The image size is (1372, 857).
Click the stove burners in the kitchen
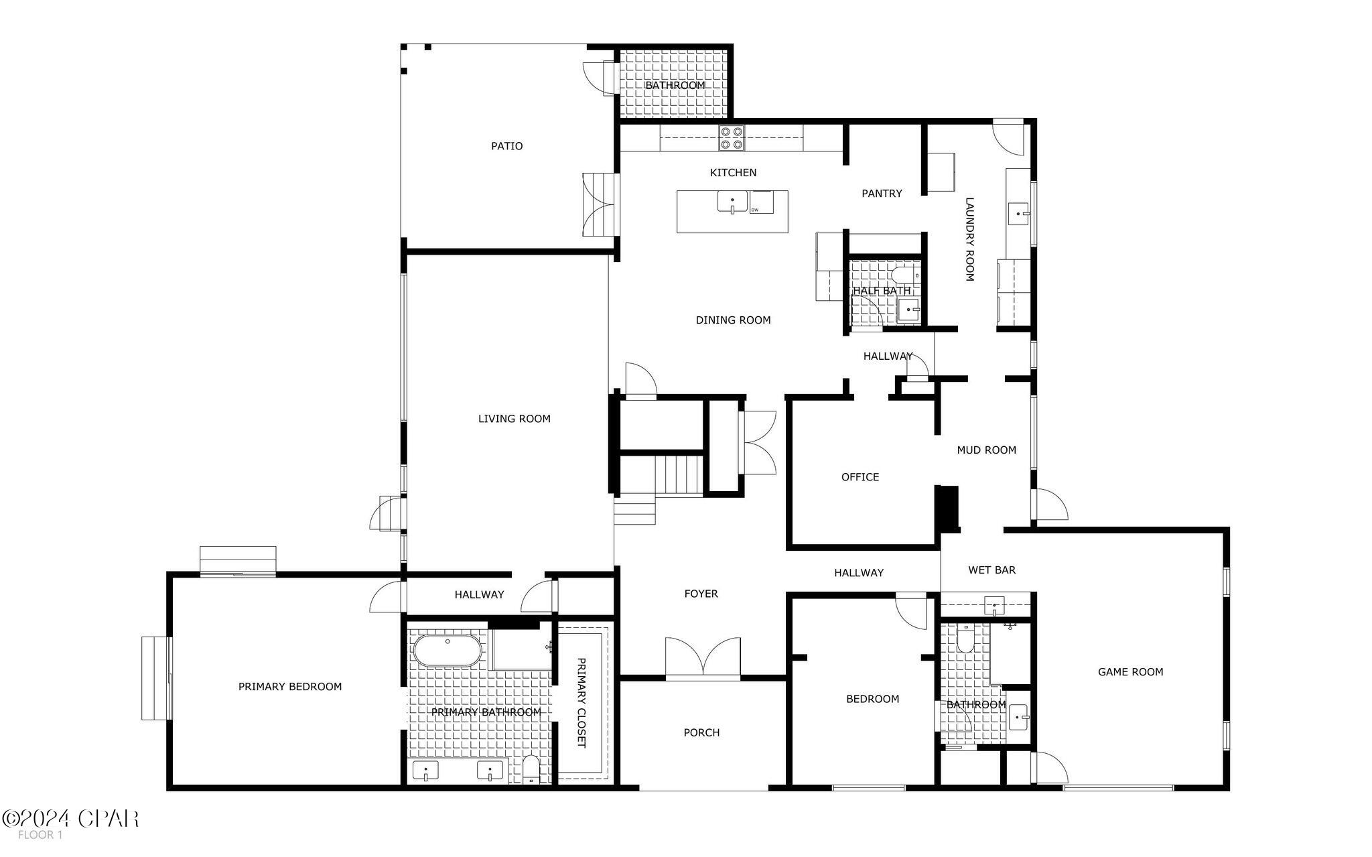click(x=732, y=137)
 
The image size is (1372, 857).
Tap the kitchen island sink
click(x=732, y=202)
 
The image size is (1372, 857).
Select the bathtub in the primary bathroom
click(x=447, y=651)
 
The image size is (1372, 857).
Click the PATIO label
click(x=506, y=146)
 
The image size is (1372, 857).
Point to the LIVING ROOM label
click(x=514, y=419)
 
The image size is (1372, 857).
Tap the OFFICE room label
click(x=860, y=477)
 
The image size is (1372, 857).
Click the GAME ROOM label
click(x=1129, y=672)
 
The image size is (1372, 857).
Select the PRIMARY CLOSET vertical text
click(x=581, y=703)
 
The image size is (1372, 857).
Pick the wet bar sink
click(x=995, y=606)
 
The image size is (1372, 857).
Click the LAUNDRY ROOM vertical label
click(x=969, y=239)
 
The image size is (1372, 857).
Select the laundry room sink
click(x=1018, y=214)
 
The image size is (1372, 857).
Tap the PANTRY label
click(x=881, y=194)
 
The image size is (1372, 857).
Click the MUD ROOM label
click(x=986, y=450)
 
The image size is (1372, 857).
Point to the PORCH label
click(x=701, y=733)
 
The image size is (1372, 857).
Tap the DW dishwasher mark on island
click(x=756, y=210)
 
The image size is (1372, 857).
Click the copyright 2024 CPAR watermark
click(x=70, y=819)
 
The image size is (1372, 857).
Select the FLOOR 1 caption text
click(x=40, y=835)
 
